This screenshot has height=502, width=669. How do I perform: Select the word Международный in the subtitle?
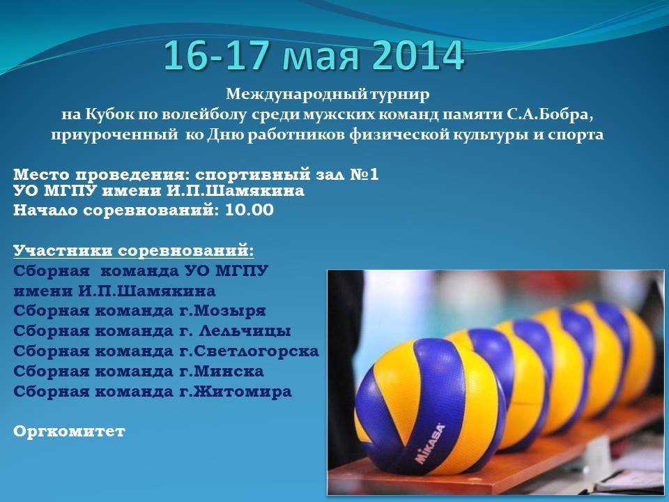pos(297,94)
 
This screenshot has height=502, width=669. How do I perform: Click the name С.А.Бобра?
pos(551,115)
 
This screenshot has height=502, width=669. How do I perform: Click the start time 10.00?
pos(249,210)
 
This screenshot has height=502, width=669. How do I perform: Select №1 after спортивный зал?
pos(364,174)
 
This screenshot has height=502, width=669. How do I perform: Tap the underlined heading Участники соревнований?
pos(134,250)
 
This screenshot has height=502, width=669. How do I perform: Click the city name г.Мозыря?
pos(222,311)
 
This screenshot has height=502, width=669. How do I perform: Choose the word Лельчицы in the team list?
pos(246,331)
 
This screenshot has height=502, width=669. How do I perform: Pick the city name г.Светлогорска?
pos(249,351)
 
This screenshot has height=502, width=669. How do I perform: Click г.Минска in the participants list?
pos(222,372)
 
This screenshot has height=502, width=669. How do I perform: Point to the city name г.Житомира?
pos(236,391)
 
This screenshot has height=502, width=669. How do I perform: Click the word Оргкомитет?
pos(69,432)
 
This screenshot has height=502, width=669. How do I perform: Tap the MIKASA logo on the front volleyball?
pos(430,444)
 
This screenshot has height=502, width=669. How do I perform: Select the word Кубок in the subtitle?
pos(110,115)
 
